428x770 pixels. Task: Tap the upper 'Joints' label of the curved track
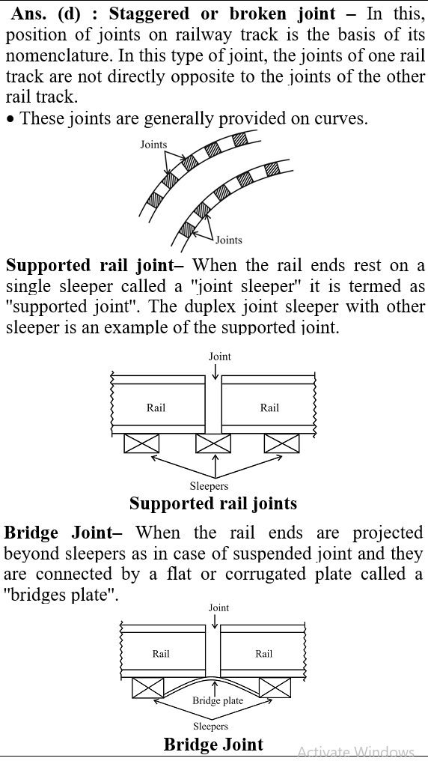[x=153, y=145]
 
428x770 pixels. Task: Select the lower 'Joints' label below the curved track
[x=229, y=240]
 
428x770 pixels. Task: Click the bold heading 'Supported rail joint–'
[x=95, y=265]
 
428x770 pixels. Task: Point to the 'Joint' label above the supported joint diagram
[x=219, y=357]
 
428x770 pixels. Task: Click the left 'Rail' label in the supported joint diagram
[x=156, y=407]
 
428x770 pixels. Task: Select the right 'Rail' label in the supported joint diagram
[x=269, y=407]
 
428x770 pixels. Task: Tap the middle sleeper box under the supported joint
[x=213, y=443]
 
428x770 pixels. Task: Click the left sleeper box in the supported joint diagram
[x=141, y=443]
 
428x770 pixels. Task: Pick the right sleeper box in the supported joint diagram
[x=282, y=443]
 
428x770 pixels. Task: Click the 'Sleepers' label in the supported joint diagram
[x=209, y=486]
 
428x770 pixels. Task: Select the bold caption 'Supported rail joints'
[x=213, y=503]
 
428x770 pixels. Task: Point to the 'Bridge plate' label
[x=218, y=701]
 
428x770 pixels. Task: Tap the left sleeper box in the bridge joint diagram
[x=147, y=688]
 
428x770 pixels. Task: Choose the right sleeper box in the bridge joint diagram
[x=275, y=688]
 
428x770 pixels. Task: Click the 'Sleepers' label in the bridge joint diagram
[x=210, y=727]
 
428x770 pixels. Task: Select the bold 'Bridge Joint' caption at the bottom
[x=213, y=745]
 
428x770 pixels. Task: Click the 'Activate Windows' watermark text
[x=356, y=752]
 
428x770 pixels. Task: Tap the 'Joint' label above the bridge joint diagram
[x=219, y=607]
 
